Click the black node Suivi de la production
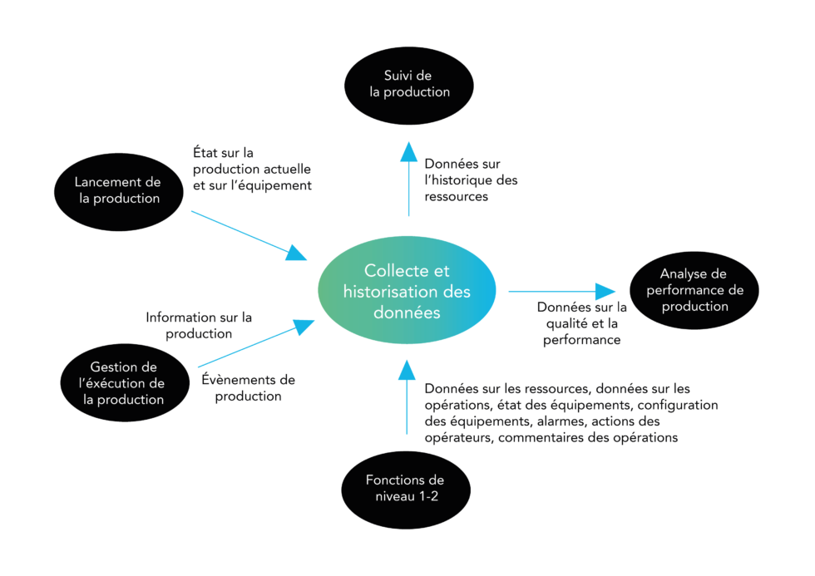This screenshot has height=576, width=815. point(410,84)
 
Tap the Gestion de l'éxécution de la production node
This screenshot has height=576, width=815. point(127,382)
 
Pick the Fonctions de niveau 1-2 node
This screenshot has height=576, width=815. point(405,488)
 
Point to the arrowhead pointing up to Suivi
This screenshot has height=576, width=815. point(408,151)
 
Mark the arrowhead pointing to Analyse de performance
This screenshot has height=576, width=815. point(605,291)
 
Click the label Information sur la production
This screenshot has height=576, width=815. point(199,325)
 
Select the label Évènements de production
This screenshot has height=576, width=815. point(249,388)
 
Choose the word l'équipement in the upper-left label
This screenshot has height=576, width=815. point(269,185)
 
